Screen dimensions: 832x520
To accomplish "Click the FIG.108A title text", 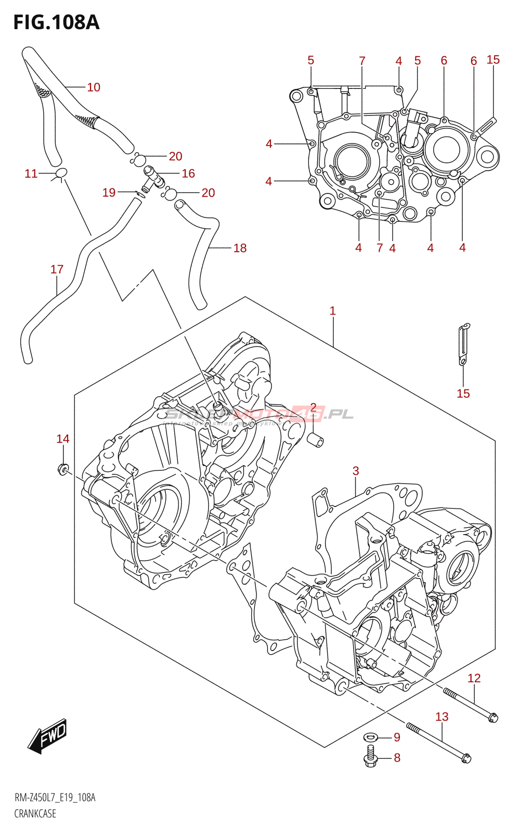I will point(56,22).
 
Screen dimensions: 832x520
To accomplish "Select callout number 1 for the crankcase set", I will point(333,311).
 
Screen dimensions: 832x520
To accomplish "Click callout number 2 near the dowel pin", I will point(313,407).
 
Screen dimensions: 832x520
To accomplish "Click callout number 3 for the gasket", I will point(356,471).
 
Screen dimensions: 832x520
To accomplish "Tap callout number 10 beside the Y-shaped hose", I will point(94,87).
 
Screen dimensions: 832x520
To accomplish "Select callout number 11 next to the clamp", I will point(31,174).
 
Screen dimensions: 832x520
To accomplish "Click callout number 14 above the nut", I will point(63,439).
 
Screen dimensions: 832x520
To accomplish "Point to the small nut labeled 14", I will point(63,470).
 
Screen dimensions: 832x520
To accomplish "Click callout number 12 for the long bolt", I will point(474,678).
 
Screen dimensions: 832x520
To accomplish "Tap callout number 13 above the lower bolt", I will point(442,717).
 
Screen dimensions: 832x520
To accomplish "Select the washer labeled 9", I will point(371,737).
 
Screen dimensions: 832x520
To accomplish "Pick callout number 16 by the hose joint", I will point(188,174).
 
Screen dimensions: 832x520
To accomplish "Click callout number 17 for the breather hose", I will point(57,269).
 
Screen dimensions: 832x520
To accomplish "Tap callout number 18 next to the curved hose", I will point(240,248).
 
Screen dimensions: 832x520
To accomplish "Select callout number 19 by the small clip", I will point(109,193).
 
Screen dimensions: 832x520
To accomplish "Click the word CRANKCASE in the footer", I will point(35,814).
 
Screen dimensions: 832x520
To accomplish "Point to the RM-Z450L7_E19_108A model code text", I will point(55,798).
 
